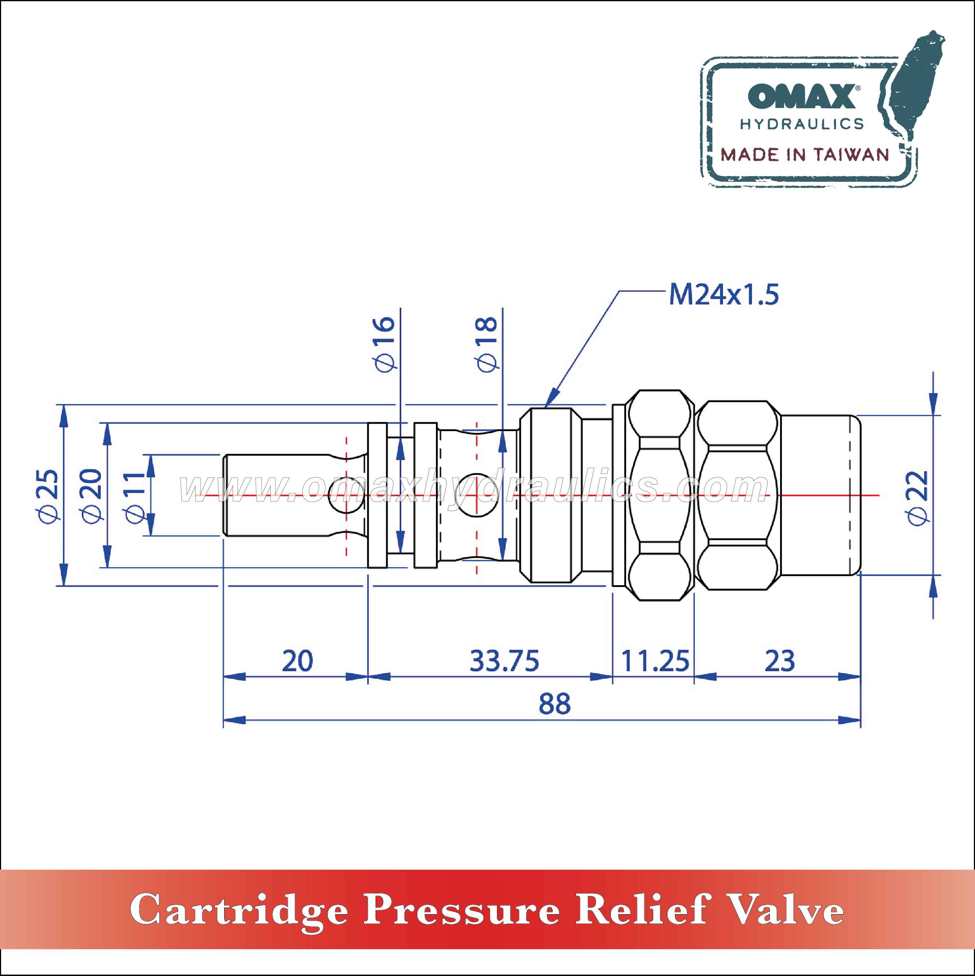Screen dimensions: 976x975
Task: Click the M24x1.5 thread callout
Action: (x=723, y=295)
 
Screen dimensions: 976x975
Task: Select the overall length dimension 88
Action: (x=554, y=704)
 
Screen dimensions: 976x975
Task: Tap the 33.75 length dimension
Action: (x=504, y=661)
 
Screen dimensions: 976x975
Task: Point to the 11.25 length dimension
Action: (x=654, y=661)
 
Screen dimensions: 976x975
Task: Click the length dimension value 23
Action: (x=780, y=661)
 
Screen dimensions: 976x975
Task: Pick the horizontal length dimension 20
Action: (x=297, y=661)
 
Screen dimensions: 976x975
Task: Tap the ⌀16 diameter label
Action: (x=385, y=344)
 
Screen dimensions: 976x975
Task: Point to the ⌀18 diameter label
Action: (x=486, y=344)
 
